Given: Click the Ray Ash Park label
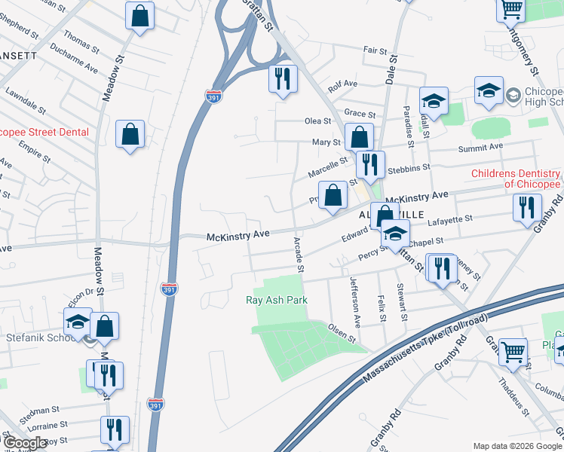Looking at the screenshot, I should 277,300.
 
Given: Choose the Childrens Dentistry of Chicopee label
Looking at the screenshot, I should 516,179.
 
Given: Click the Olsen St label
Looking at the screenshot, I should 342,332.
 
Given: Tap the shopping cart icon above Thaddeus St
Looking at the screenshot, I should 513,350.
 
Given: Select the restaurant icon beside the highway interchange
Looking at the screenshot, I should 283,78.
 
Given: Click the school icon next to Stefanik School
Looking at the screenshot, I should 77,322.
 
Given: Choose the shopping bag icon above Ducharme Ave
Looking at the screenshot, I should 139,15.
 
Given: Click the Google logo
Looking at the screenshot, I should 25,444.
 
